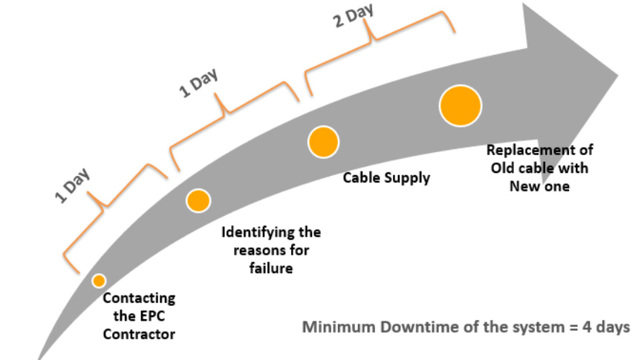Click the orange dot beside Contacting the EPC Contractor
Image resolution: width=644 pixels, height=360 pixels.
(x=99, y=280)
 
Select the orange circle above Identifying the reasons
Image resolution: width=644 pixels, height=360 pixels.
(x=198, y=200)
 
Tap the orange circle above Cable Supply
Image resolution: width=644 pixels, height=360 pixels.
(x=323, y=142)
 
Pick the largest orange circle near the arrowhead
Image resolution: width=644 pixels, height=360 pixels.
(x=461, y=105)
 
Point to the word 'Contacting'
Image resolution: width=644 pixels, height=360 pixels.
(x=139, y=298)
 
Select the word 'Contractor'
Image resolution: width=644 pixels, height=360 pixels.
(x=139, y=334)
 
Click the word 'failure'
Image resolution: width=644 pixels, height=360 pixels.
(x=271, y=268)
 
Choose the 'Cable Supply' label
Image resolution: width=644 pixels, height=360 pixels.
(x=386, y=178)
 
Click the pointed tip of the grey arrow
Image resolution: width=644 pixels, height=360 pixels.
(x=617, y=74)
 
